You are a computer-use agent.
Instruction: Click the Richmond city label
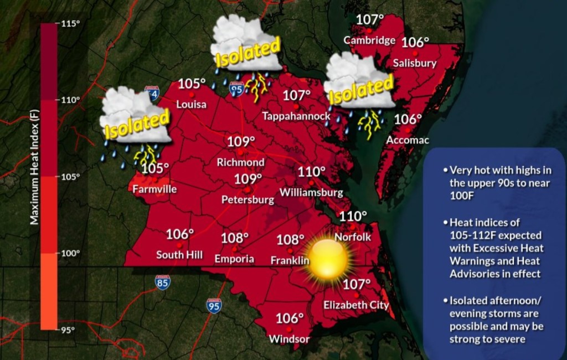(x=240, y=163)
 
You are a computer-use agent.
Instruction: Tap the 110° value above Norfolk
(x=353, y=217)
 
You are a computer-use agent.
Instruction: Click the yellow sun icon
(x=329, y=258)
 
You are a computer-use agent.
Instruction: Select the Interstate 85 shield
(x=163, y=282)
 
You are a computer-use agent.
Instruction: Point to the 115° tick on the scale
(x=70, y=24)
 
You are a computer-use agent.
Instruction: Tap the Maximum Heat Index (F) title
(x=34, y=177)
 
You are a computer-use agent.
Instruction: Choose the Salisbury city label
(x=414, y=63)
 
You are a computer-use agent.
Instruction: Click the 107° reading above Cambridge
(x=369, y=20)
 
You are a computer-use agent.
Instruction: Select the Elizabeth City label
(x=356, y=305)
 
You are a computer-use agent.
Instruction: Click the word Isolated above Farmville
(x=136, y=124)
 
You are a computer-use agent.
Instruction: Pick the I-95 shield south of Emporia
(x=214, y=306)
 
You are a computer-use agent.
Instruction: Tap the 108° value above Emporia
(x=235, y=239)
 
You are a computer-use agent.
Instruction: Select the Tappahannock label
(x=296, y=116)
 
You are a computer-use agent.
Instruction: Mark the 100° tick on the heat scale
(x=70, y=253)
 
